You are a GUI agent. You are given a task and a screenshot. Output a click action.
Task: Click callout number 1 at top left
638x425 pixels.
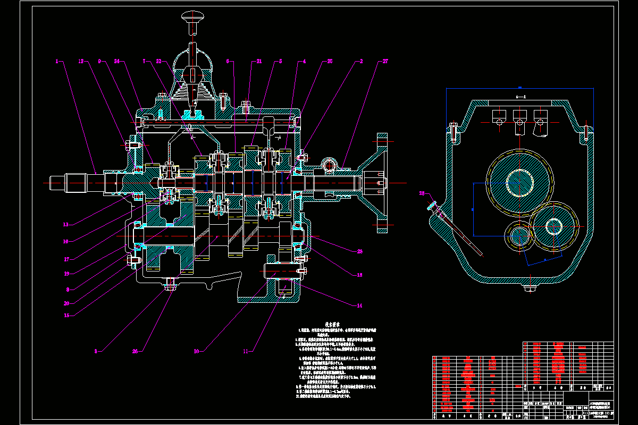(x=56, y=61)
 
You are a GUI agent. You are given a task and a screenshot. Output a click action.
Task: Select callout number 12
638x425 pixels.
(x=81, y=61)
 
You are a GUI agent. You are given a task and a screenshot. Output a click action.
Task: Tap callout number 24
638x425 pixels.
(x=116, y=61)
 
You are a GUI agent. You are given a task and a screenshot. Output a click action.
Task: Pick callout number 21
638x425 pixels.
(x=259, y=61)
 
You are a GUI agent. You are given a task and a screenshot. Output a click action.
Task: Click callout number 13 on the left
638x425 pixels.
(x=66, y=225)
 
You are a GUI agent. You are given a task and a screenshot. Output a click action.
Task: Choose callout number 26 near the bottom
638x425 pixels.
(x=135, y=351)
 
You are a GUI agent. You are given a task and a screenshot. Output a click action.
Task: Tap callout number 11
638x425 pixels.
(x=245, y=351)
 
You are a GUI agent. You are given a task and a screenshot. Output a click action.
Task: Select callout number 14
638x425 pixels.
(x=359, y=305)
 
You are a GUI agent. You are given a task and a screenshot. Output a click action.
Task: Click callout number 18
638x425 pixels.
(x=359, y=275)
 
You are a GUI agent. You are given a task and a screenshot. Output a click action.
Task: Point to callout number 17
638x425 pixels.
(x=66, y=259)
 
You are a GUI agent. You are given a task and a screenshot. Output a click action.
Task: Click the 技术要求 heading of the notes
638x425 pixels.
(x=333, y=324)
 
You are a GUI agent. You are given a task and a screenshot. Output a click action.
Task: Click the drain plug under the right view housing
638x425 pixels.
(x=530, y=288)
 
